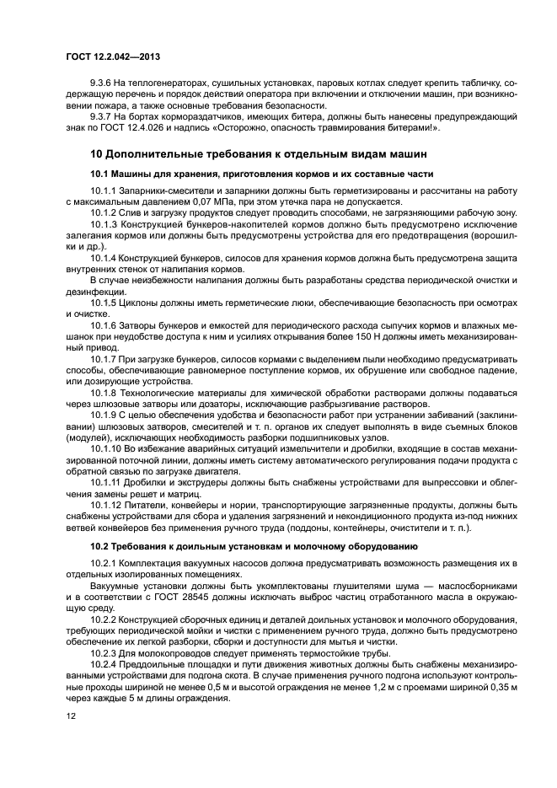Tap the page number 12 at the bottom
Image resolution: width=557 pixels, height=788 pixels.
(x=71, y=715)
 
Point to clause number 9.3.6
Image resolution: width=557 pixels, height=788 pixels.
(x=105, y=85)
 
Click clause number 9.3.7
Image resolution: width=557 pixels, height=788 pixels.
(x=105, y=117)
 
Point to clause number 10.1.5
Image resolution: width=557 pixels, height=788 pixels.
(x=105, y=302)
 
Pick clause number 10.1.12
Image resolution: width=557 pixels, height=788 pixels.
(x=108, y=504)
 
